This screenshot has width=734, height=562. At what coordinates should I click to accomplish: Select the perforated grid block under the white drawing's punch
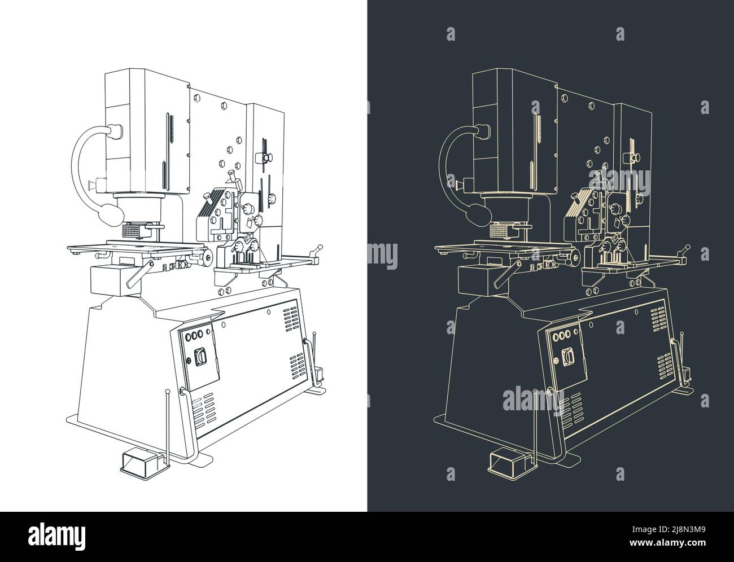134,231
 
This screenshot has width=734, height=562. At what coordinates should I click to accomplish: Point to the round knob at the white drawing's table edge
208,258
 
